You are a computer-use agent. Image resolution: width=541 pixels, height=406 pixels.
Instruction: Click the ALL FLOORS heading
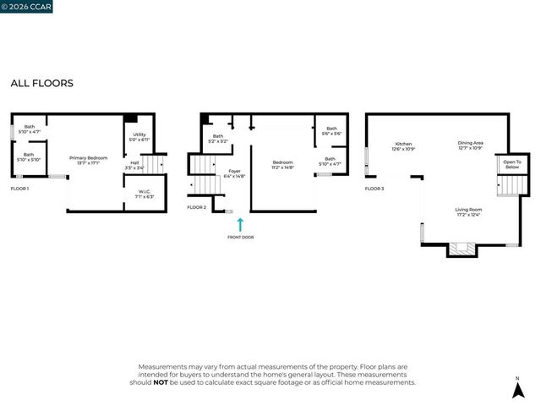point(41,84)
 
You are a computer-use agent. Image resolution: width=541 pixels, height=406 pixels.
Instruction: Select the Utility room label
point(139,137)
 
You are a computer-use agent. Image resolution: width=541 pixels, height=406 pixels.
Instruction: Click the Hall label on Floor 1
point(134,165)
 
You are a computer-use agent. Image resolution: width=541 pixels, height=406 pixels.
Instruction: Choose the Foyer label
point(234,174)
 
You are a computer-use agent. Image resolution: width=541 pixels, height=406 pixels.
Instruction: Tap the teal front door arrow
point(240,224)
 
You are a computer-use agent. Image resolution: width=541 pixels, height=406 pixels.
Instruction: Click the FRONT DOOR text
point(240,237)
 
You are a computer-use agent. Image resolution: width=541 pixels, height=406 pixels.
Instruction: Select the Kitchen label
point(402,145)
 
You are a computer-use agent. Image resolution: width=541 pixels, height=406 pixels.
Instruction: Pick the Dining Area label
point(471,145)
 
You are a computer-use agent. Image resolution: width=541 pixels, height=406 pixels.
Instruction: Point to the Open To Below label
point(511,165)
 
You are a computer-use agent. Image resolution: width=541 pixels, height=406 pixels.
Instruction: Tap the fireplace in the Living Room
point(461,249)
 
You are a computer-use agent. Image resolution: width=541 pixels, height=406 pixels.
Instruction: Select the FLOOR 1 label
point(19,189)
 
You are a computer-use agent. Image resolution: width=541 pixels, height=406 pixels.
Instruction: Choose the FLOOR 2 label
point(196,207)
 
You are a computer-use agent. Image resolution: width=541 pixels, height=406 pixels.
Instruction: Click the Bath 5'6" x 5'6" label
point(330,131)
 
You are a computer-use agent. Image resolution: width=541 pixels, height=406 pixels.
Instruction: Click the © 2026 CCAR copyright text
point(27,7)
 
